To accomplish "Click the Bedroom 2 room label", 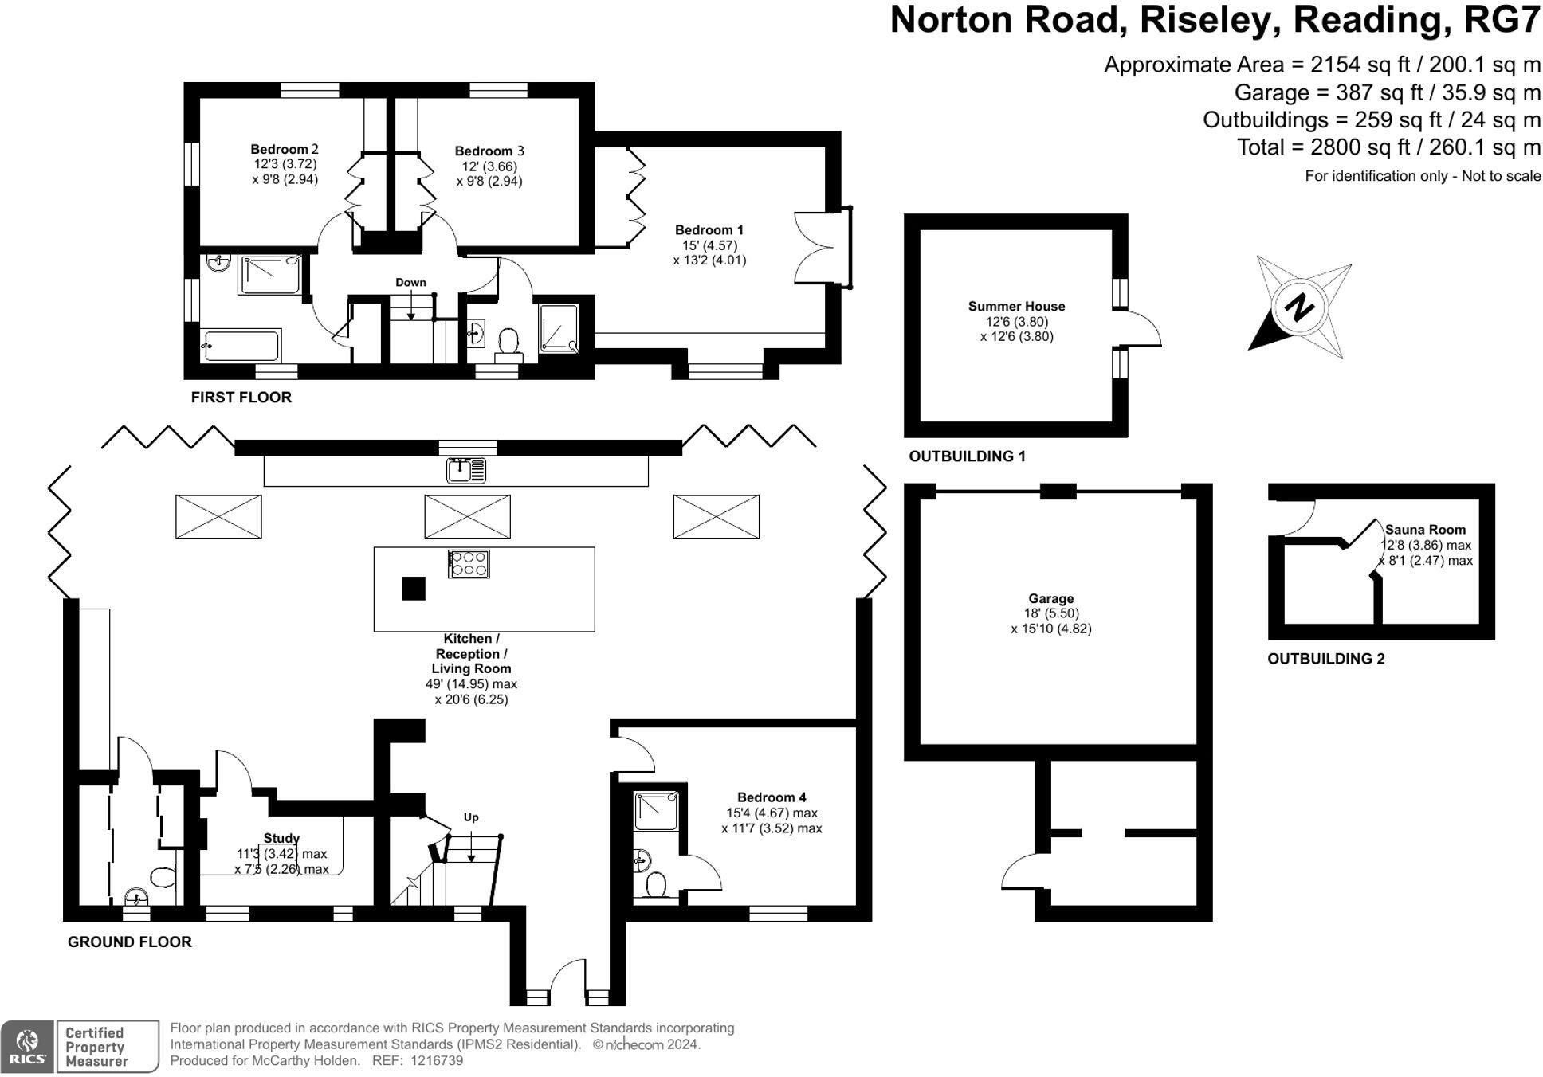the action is [x=285, y=149].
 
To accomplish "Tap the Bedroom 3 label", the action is [x=489, y=151].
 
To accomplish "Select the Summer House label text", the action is [x=1016, y=306].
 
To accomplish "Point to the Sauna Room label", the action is [x=1425, y=529].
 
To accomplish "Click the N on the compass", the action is [x=1299, y=307].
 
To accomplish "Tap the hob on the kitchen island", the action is [x=469, y=564].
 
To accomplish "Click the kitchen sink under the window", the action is [x=466, y=471].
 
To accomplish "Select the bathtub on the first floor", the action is [x=241, y=346].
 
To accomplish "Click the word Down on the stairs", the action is [x=410, y=282].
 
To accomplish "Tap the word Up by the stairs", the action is [x=471, y=817].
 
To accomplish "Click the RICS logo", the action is [x=28, y=1046].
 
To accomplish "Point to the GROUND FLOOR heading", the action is [x=130, y=942].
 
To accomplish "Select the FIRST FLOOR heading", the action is [x=241, y=397].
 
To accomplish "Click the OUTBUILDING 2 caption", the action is [x=1326, y=659].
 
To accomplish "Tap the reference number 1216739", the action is [x=435, y=1061].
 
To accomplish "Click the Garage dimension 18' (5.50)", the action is [x=1051, y=613].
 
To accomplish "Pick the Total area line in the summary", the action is [x=1389, y=147].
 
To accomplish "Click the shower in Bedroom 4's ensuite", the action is [x=657, y=810].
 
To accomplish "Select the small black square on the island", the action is [x=413, y=589].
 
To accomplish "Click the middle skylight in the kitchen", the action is [x=467, y=516].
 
